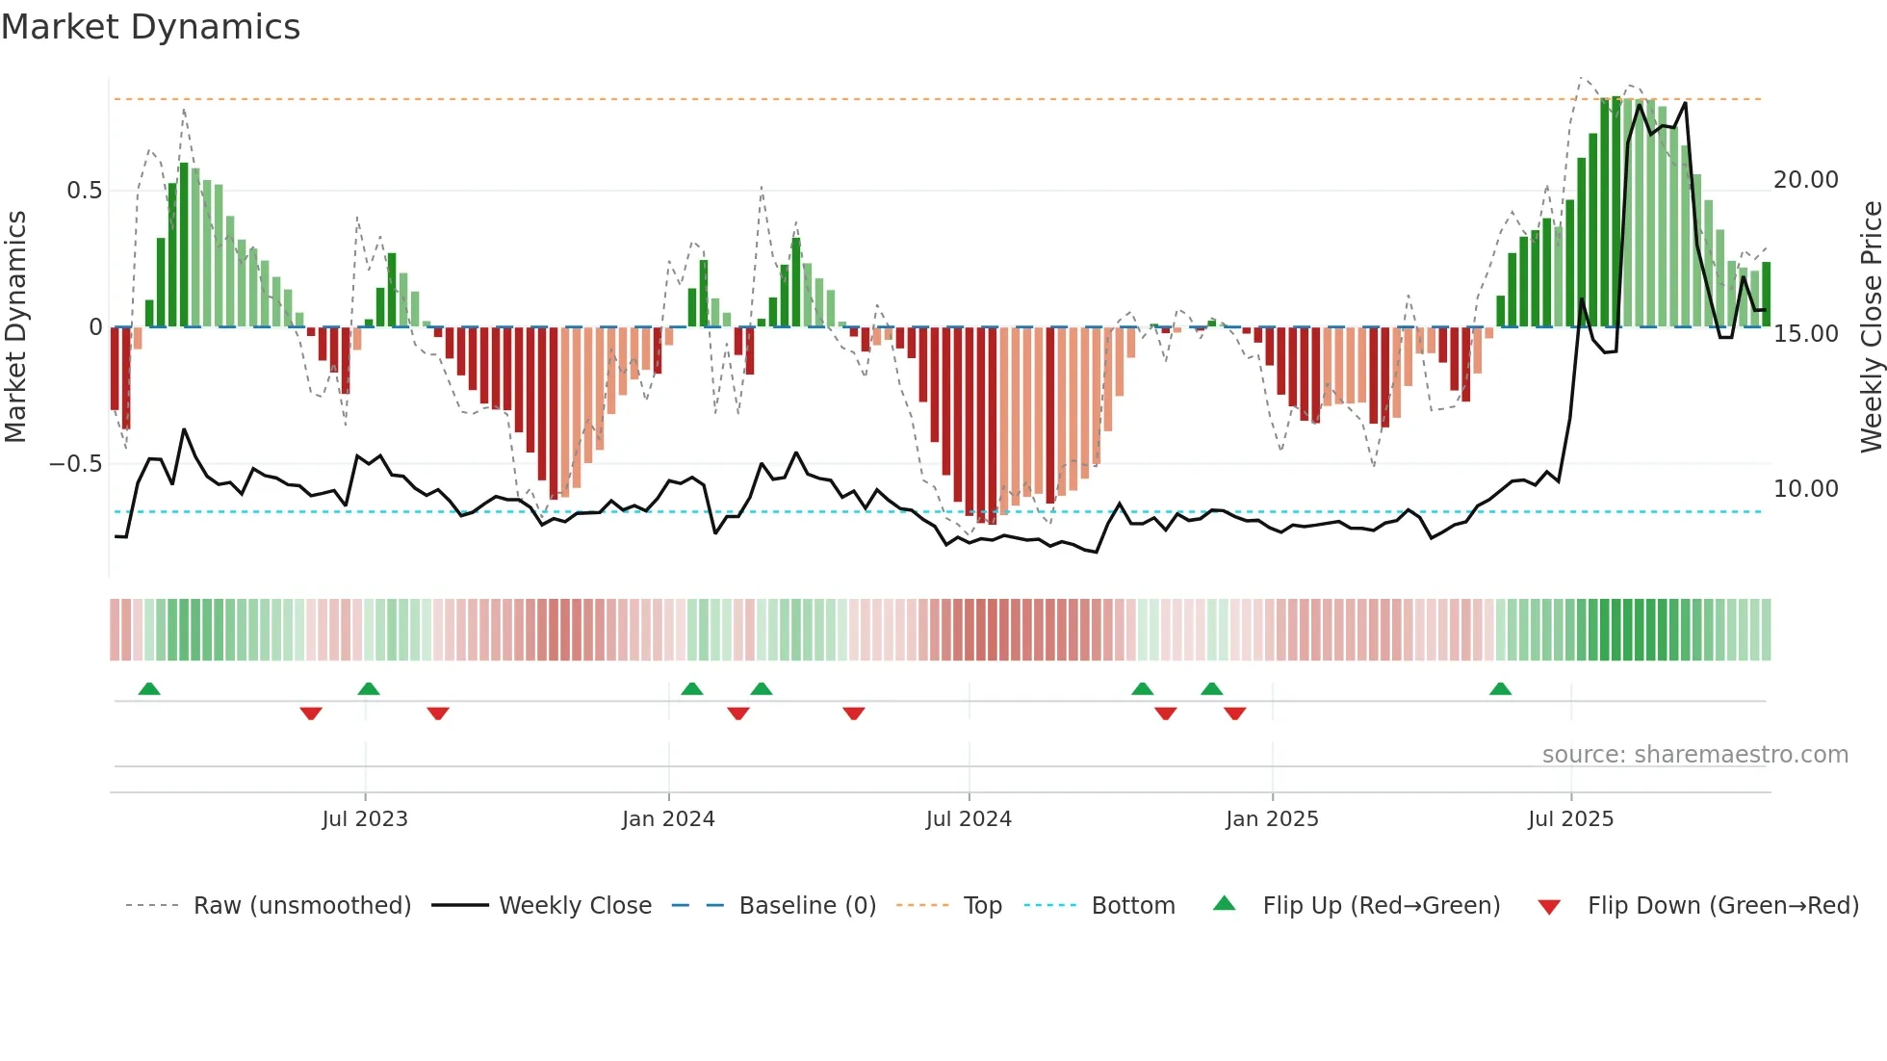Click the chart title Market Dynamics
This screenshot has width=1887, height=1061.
tap(150, 27)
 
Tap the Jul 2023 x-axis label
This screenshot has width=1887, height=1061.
tap(365, 819)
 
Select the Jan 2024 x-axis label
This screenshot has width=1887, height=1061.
tap(668, 819)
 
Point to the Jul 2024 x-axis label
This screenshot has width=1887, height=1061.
tap(969, 819)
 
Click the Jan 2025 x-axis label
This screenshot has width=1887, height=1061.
tap(1272, 819)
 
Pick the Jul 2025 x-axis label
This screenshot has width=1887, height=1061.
tap(1570, 819)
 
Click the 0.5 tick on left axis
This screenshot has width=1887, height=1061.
tap(84, 191)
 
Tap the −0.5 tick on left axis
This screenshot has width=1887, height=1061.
tap(76, 464)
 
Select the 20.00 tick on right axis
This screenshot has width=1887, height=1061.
tap(1806, 180)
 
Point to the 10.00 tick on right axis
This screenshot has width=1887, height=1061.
tap(1806, 489)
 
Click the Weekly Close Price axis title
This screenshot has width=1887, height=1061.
tap(1871, 327)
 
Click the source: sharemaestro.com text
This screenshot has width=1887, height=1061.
tap(1694, 755)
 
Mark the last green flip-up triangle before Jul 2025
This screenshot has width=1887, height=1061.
tap(1500, 689)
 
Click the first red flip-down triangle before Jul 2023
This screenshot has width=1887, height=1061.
tap(311, 713)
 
